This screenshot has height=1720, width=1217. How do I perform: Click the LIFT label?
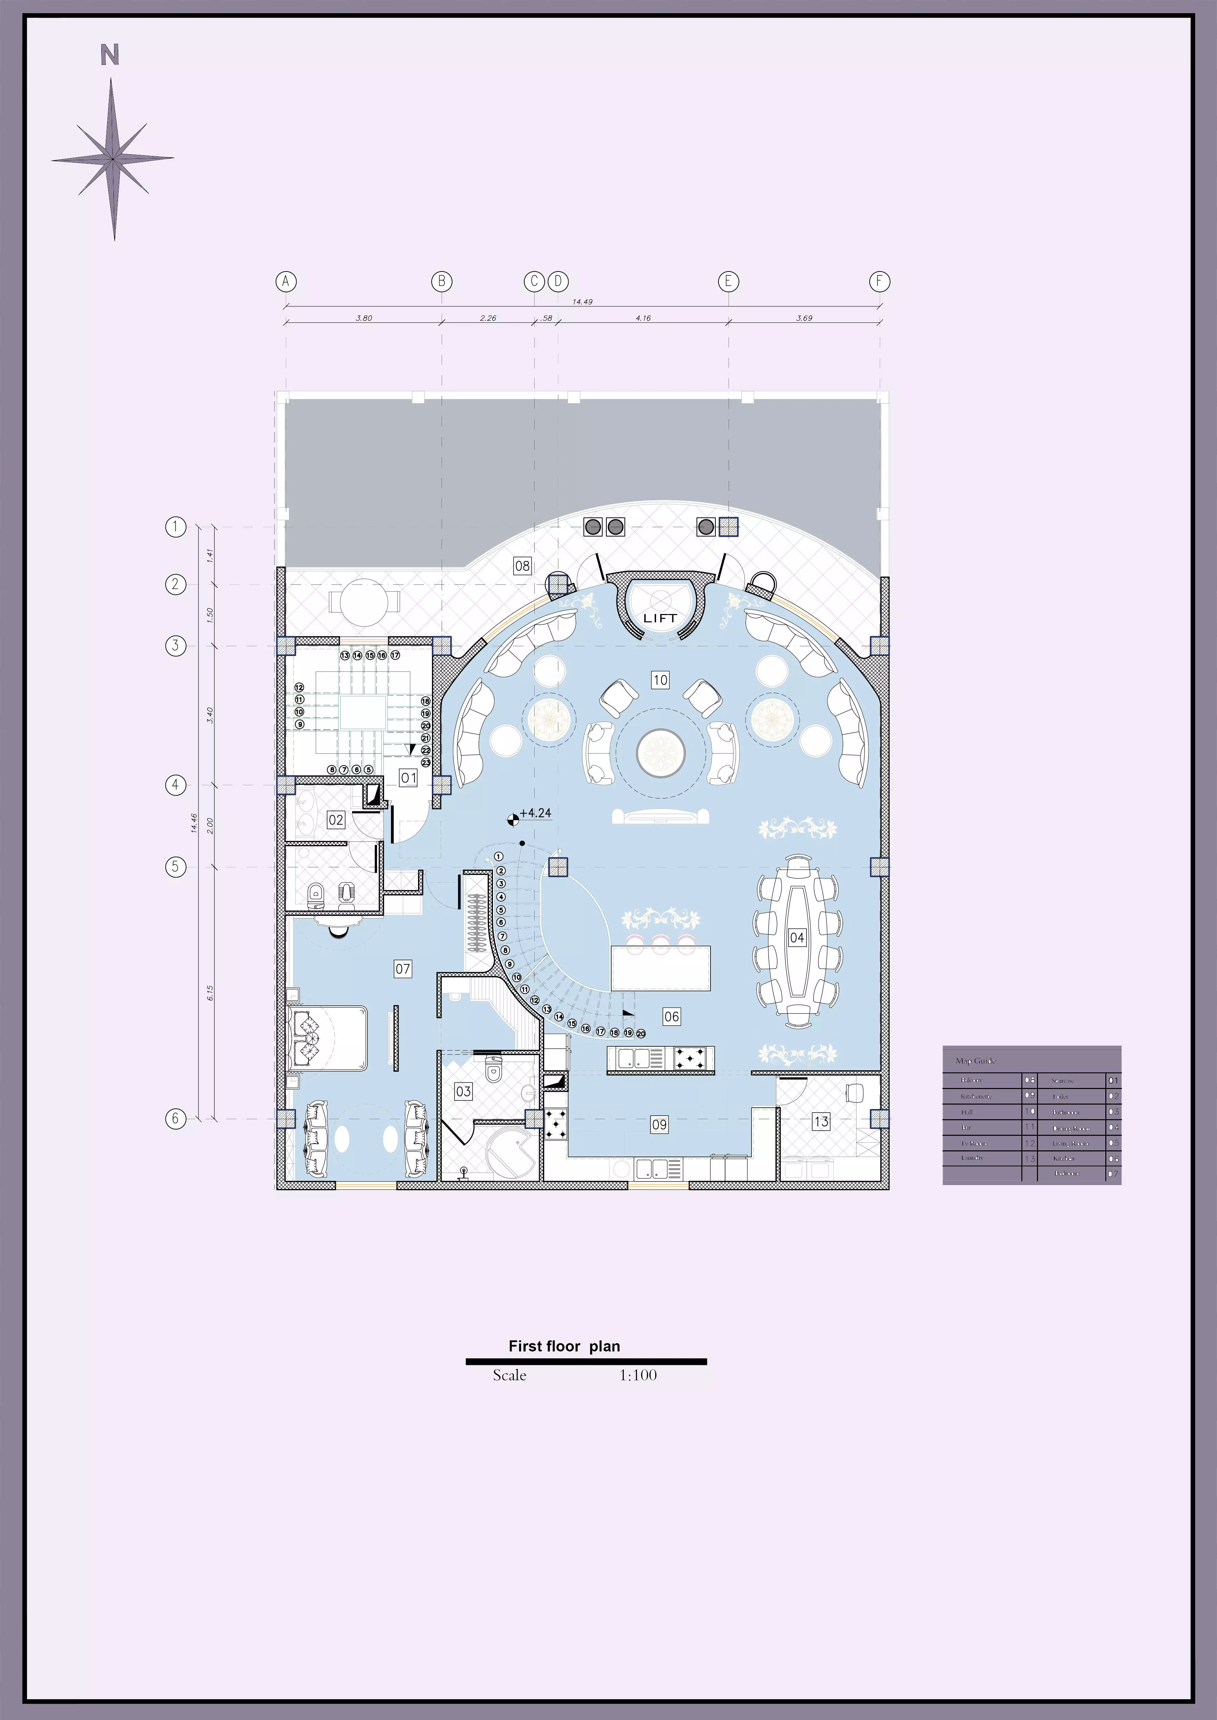pos(659,618)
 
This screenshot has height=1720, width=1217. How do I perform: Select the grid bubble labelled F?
pos(879,282)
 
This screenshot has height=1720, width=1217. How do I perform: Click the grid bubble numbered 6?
pos(175,1118)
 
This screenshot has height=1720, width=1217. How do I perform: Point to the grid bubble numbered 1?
pos(175,527)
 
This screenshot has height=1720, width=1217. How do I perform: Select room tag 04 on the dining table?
pos(797,937)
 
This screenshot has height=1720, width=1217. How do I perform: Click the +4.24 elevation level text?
pos(535,813)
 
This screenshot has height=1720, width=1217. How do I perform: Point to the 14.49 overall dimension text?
pos(582,302)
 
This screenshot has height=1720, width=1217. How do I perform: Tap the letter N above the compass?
pos(110,55)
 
